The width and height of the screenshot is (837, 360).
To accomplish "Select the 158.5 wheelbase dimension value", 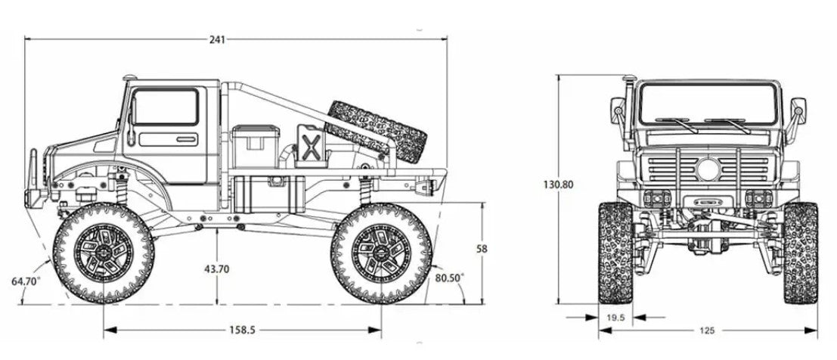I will pyautogui.click(x=242, y=330).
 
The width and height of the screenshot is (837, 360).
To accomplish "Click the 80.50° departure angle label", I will pyautogui.click(x=449, y=278).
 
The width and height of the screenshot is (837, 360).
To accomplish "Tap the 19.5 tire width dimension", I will pyautogui.click(x=615, y=318).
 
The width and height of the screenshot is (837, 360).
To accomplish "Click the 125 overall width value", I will pyautogui.click(x=706, y=331).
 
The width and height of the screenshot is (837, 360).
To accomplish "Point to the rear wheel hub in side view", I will pyautogui.click(x=382, y=253).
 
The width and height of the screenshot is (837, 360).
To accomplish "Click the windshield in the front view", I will pyautogui.click(x=707, y=104).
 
